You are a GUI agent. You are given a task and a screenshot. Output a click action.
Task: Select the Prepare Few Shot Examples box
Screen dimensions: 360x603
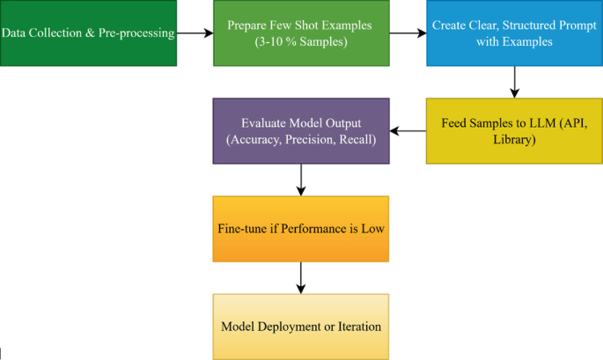[301, 33]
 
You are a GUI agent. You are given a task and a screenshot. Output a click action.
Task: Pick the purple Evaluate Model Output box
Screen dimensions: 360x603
[301, 130]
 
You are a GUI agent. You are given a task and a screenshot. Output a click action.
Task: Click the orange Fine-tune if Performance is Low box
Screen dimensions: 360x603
[301, 228]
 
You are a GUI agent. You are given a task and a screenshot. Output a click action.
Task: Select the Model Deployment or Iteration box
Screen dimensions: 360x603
[301, 326]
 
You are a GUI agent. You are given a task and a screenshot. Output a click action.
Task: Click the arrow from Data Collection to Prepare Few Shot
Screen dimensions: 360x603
[195, 33]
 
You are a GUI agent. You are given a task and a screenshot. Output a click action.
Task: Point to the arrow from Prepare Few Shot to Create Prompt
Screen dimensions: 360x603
[408, 33]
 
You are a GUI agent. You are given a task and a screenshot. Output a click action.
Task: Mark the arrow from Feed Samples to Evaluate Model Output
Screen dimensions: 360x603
[408, 131]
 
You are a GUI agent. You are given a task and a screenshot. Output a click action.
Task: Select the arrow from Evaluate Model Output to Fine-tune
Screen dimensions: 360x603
[301, 180]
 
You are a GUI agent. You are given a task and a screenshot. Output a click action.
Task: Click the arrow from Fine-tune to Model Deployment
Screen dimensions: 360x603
[301, 277]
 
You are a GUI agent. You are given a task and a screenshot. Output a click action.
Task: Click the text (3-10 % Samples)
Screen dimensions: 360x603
[301, 41]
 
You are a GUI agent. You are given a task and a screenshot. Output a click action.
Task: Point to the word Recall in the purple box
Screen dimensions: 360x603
[357, 139]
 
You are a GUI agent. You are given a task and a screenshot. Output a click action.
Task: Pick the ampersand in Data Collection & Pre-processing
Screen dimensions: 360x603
[105, 33]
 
